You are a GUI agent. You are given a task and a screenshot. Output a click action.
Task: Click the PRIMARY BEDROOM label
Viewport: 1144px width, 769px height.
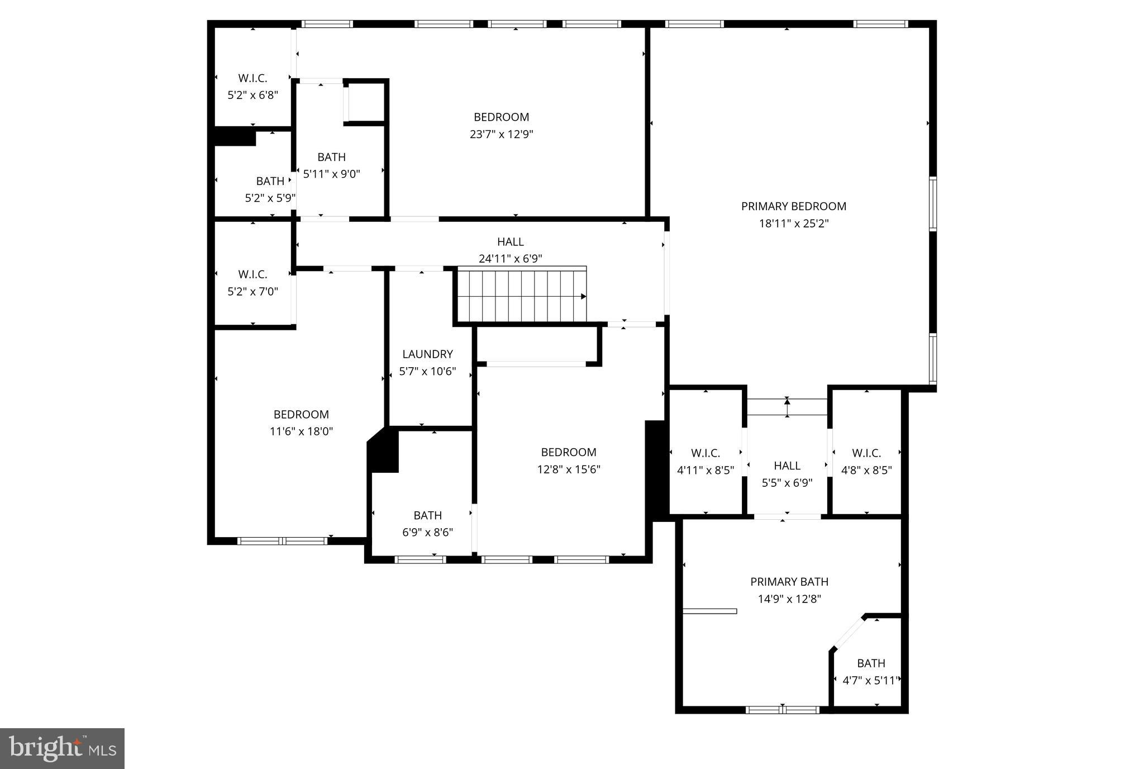[793, 206]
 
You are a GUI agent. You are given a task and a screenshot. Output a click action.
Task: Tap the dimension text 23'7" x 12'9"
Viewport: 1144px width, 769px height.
[501, 134]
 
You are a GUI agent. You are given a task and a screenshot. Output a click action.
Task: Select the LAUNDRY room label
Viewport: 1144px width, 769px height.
[427, 354]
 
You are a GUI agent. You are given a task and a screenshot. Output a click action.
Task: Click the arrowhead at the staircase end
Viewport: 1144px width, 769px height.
[583, 296]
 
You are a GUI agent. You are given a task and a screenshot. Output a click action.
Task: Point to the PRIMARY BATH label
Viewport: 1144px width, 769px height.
[789, 582]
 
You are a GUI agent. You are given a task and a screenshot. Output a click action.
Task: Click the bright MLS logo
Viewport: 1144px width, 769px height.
[62, 748]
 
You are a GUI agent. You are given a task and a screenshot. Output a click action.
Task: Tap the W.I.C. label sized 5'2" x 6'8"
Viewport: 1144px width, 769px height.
[252, 78]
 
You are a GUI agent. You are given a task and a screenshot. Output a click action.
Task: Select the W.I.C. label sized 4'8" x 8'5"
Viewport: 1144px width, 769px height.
[866, 453]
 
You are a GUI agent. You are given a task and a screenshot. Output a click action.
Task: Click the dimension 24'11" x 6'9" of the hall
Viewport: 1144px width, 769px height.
[510, 259]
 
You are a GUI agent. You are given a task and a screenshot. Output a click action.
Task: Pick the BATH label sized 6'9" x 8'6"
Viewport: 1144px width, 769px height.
[427, 515]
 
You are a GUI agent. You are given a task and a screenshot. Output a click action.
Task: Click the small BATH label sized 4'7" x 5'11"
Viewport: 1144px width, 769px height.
[871, 663]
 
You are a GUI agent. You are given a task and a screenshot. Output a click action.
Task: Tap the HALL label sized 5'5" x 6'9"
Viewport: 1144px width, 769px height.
[787, 466]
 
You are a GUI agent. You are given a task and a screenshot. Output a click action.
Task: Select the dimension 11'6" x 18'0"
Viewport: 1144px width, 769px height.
[301, 431]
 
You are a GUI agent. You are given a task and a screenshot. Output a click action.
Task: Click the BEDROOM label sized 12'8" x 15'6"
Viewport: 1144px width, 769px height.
[568, 452]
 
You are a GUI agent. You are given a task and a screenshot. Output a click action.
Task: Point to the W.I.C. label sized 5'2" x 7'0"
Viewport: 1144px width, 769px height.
[252, 274]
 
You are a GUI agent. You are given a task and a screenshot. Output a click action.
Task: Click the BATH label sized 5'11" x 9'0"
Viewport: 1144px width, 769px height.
[331, 157]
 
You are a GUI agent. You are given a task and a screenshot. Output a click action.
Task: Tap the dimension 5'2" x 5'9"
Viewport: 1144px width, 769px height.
[270, 198]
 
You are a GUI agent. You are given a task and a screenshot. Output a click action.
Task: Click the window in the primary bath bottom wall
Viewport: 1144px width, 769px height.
[782, 710]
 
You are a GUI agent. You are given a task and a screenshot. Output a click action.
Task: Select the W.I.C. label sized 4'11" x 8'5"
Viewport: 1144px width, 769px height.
[705, 453]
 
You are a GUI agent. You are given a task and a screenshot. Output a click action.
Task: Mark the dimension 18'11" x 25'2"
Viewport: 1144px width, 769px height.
[793, 224]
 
